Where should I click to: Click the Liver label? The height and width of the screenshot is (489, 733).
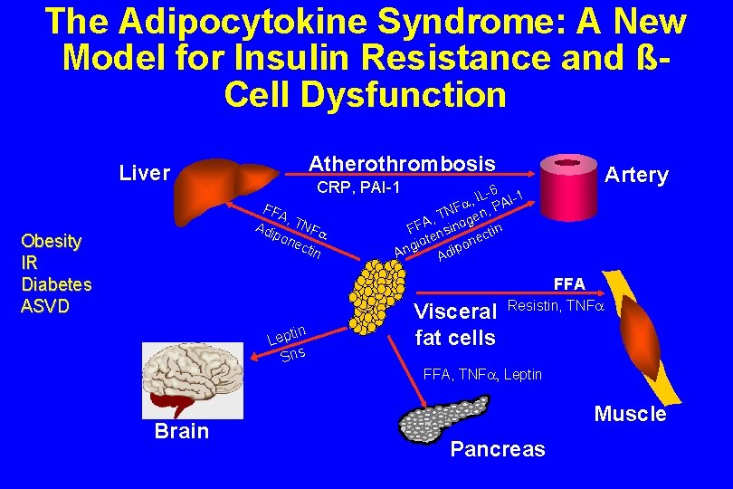click(x=145, y=173)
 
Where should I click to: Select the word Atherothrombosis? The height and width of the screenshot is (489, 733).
click(x=402, y=164)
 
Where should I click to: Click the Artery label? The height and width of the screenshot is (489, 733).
click(x=636, y=175)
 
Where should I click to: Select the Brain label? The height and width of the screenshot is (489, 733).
click(x=181, y=431)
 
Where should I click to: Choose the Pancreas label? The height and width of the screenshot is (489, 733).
click(x=498, y=449)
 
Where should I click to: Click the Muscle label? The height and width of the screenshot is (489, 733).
click(x=630, y=414)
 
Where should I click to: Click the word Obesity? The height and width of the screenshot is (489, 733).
click(x=52, y=242)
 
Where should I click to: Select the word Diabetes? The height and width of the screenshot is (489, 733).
click(x=56, y=284)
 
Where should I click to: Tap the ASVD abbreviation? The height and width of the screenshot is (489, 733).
click(x=45, y=306)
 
